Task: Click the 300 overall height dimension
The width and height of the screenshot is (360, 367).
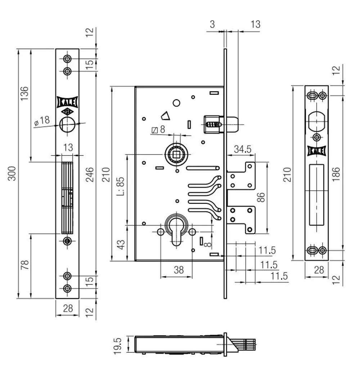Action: tap(12, 174)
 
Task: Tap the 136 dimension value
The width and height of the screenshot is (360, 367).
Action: tap(24, 94)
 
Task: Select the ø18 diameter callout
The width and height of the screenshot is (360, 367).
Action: tap(42, 121)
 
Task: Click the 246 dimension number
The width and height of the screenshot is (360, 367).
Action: tap(90, 175)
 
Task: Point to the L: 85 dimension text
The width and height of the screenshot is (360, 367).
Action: tap(121, 186)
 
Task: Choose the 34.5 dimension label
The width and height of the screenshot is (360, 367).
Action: tap(243, 149)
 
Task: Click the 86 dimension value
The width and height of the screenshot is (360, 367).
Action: tap(261, 197)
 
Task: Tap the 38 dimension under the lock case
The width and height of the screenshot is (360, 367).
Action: tap(179, 270)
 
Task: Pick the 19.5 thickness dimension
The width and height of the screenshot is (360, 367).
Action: tap(118, 346)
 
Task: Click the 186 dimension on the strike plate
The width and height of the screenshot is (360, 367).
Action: tap(336, 174)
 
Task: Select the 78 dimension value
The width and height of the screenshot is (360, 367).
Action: tap(24, 265)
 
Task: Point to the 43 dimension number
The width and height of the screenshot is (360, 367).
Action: tap(121, 244)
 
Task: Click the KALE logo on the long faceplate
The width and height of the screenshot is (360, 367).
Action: tap(67, 102)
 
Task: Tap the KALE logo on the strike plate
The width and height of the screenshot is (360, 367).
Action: tap(316, 151)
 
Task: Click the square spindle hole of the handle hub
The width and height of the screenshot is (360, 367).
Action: tap(176, 155)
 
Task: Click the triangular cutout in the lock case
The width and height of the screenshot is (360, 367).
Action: tap(167, 116)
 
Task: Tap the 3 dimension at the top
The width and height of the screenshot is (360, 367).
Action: tap(212, 24)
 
